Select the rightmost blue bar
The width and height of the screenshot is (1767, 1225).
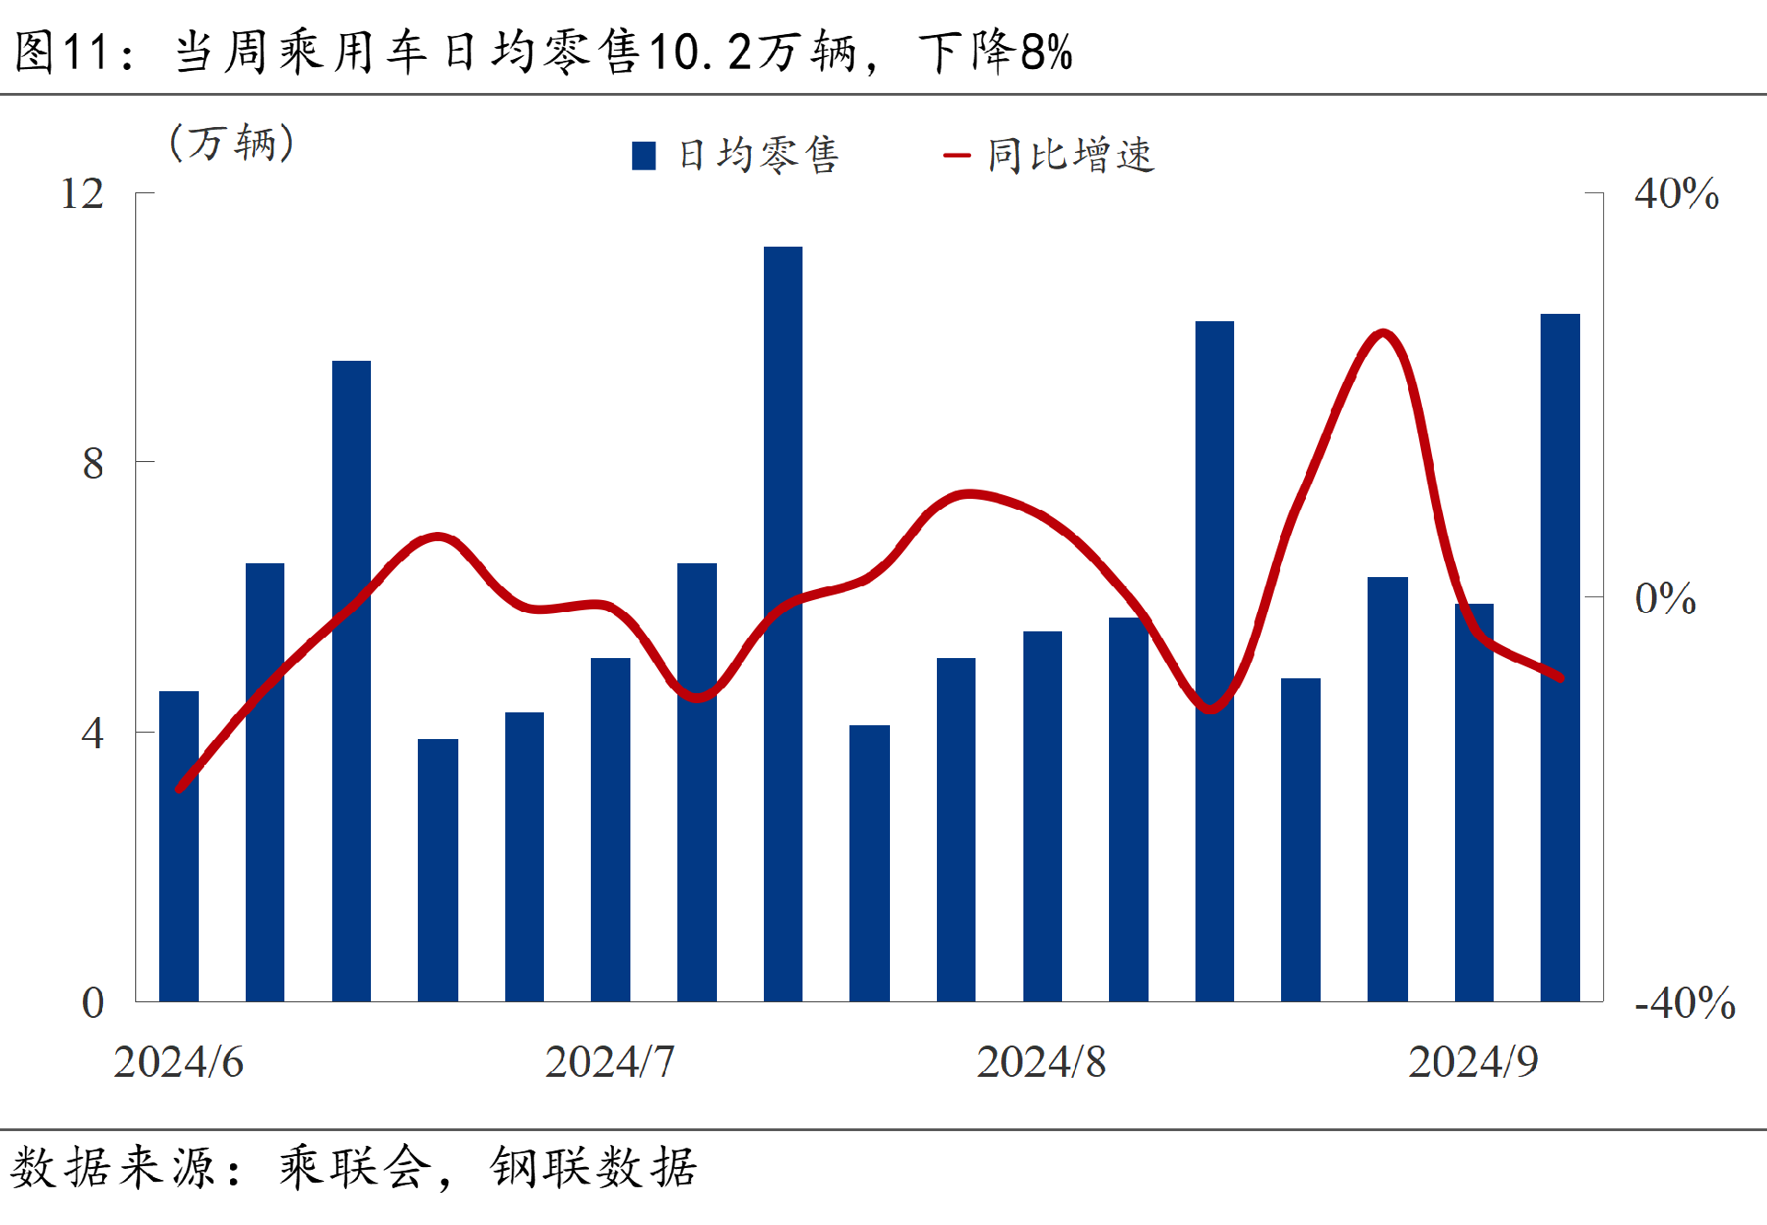[1560, 657]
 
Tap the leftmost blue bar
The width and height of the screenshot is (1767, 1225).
[179, 846]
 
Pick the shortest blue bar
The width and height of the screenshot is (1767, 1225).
[437, 870]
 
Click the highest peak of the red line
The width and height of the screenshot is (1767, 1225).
[1382, 332]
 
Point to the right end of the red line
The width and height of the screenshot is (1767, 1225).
[1560, 677]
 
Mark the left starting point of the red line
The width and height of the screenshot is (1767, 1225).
[179, 789]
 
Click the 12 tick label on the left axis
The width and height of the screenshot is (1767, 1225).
[82, 194]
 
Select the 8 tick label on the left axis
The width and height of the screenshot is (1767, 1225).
[93, 463]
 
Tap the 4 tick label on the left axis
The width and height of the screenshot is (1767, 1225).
[92, 734]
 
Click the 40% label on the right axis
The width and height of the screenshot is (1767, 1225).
[1676, 194]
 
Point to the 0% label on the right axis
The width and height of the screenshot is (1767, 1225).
[1665, 599]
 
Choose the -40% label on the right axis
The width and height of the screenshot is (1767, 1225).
[1684, 1003]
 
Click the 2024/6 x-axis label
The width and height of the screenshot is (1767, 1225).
[179, 1062]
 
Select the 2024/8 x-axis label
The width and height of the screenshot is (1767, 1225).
[1041, 1062]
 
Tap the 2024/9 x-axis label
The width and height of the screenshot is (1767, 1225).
[1472, 1062]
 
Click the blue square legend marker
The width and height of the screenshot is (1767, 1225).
[644, 156]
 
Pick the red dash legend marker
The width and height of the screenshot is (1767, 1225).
[957, 156]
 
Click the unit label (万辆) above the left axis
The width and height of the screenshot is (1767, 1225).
[232, 143]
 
